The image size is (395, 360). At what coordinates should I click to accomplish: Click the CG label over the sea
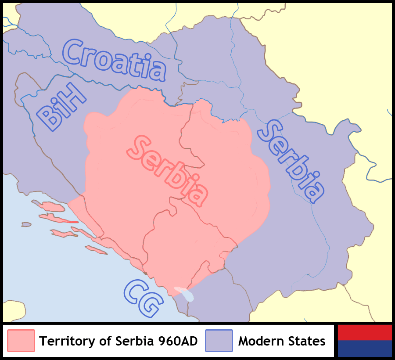coord(143,299)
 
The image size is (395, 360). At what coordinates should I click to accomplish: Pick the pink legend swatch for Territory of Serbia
coord(21,341)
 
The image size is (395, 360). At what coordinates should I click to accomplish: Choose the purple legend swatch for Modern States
coord(219,341)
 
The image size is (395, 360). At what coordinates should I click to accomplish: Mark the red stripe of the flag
coord(364,332)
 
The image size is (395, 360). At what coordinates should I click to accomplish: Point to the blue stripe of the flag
coord(364,349)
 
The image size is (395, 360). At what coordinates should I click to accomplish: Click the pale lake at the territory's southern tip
coord(184,294)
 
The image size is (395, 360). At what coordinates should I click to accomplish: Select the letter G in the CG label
coord(150,305)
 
